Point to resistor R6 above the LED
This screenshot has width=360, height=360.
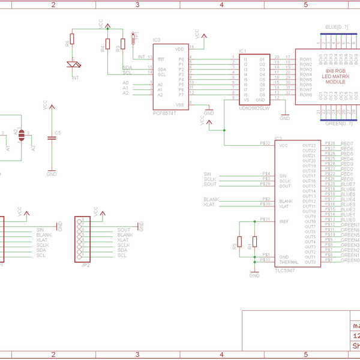tap(72, 39)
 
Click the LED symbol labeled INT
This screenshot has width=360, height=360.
tap(74, 65)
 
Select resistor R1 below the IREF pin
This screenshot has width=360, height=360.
tap(254, 241)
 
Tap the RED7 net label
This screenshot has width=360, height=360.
tap(347, 144)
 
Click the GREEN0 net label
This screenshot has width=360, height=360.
tap(350, 261)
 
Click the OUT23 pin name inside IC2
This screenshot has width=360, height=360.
tap(309, 146)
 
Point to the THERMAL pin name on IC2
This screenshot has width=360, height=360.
tap(289, 262)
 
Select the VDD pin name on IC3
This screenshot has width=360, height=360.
tap(179, 49)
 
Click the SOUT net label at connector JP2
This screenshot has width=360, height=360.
tap(124, 230)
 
